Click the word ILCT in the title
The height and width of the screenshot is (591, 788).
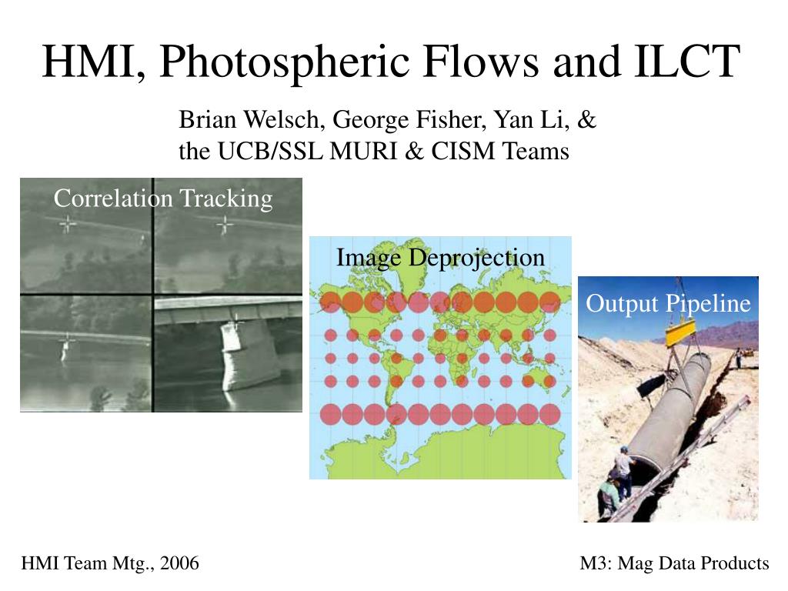(687, 62)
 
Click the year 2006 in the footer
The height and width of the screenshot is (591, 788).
(179, 563)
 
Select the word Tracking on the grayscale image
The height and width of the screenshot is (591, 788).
(226, 199)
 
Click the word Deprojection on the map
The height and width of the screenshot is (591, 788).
(476, 259)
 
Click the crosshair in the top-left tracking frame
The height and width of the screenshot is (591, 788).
(68, 224)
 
